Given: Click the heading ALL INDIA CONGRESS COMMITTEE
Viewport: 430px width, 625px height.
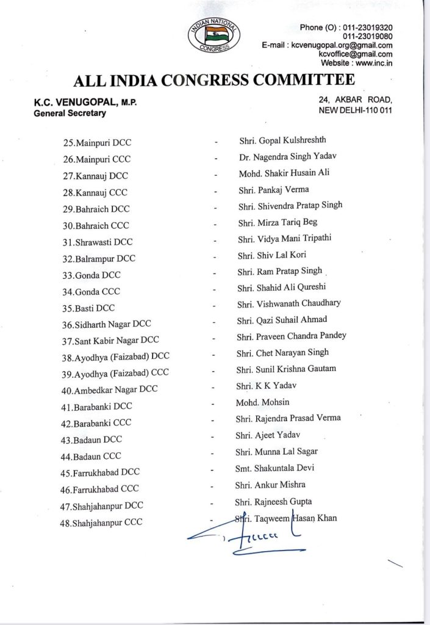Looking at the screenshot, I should [x=214, y=81].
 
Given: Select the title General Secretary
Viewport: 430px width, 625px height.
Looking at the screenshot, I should [x=70, y=113].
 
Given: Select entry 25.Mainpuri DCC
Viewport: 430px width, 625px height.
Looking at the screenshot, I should [x=98, y=143].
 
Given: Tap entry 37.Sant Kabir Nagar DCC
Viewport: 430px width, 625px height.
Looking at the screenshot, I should [x=113, y=341].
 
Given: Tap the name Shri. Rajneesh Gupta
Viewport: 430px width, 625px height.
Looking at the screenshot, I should [x=275, y=502].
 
